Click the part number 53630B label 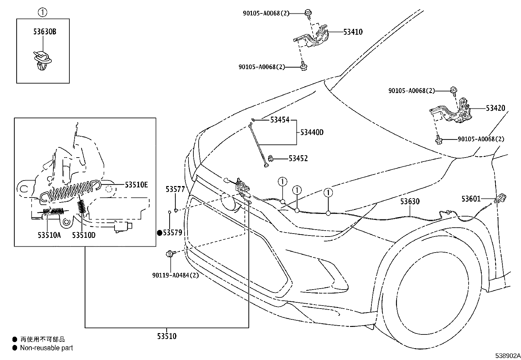pos(45,32)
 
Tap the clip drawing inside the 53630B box pos(42,61)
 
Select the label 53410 pos(353,32)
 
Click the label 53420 pos(495,108)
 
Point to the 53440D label pos(312,132)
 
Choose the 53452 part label pos(298,159)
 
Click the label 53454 pos(279,120)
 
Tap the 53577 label pos(175,189)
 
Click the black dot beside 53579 pos(160,233)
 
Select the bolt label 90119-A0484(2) pos(175,275)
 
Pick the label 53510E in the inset pos(136,185)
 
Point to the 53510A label pos(49,235)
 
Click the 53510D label pos(84,235)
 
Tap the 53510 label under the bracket pos(167,336)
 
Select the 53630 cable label pos(410,201)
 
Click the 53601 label pos(471,199)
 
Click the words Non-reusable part pos(46,348)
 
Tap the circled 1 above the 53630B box pos(43,13)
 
